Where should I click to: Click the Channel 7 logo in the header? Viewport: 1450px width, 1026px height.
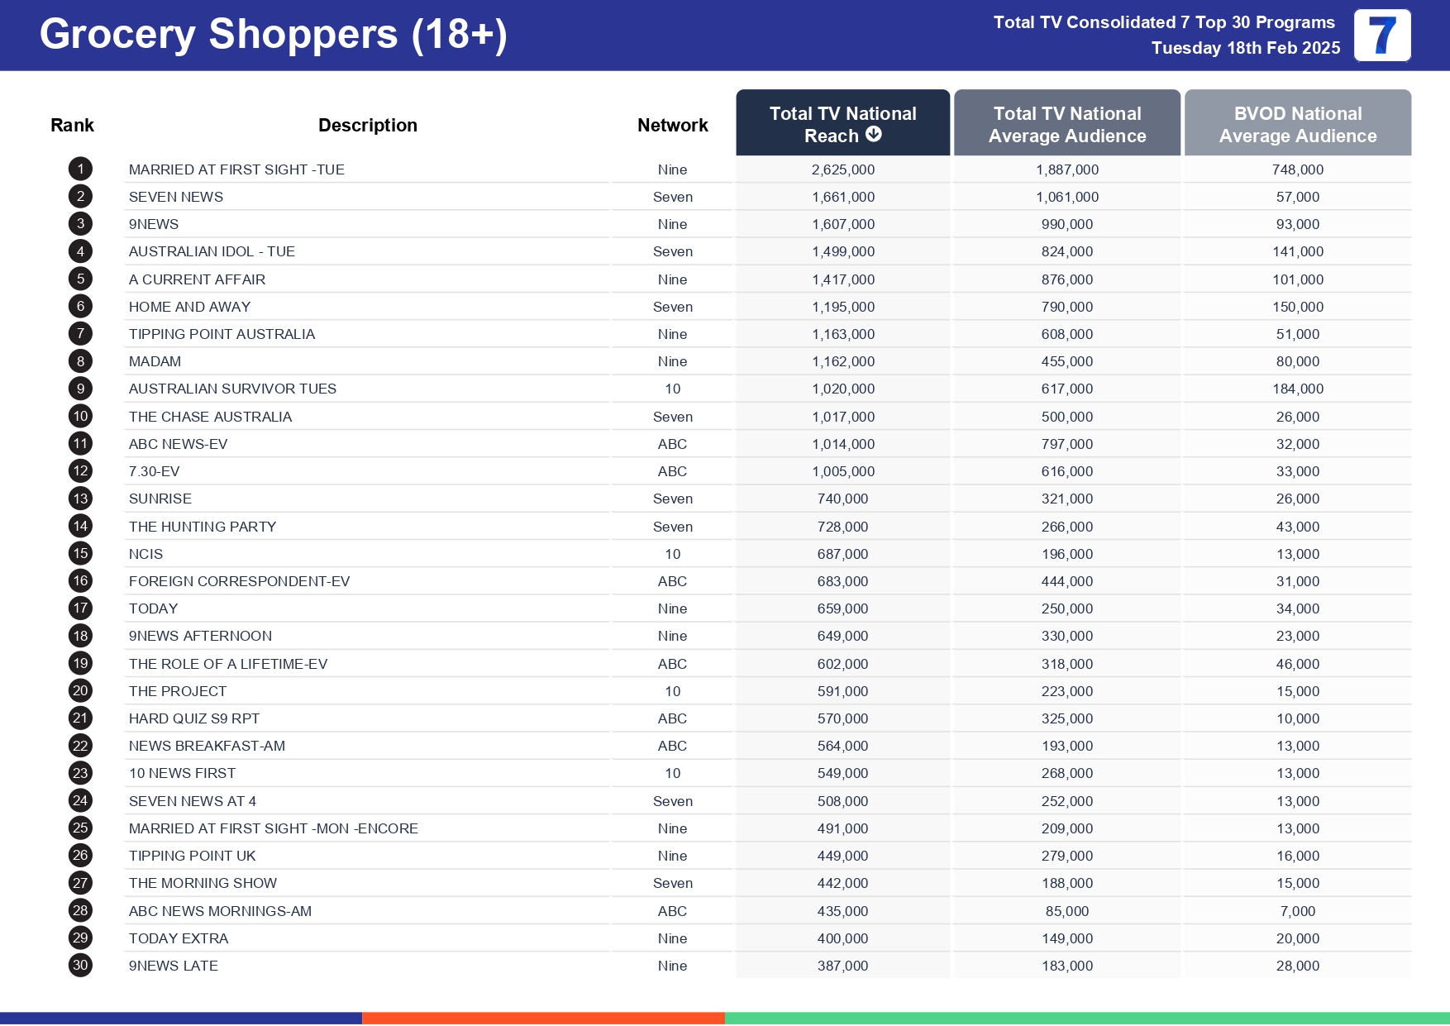click(x=1381, y=36)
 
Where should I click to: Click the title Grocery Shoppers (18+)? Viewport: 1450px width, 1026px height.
click(x=273, y=35)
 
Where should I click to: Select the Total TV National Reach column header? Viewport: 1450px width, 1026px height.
click(x=842, y=123)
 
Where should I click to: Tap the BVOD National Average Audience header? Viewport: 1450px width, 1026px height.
click(x=1297, y=124)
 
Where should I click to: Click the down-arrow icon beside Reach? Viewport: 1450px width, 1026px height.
click(x=874, y=135)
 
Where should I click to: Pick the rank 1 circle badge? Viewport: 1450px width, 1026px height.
click(x=80, y=169)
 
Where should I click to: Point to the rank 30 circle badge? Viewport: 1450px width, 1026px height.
click(x=80, y=966)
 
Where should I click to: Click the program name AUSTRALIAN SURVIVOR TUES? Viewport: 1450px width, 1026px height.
click(x=232, y=389)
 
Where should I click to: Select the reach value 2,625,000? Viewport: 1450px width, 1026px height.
click(x=842, y=169)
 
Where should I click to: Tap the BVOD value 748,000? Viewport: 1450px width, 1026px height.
click(x=1297, y=169)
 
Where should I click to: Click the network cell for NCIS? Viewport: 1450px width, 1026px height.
click(x=672, y=554)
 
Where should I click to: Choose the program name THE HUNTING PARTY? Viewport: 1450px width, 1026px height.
click(x=203, y=527)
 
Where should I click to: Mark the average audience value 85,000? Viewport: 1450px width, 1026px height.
click(x=1066, y=911)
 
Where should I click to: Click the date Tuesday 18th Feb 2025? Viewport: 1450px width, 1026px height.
click(x=1245, y=48)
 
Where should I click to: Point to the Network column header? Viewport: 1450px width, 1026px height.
click(x=672, y=126)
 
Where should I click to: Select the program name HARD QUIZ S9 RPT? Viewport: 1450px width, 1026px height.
click(x=194, y=718)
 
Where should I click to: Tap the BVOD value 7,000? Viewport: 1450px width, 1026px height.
click(x=1297, y=911)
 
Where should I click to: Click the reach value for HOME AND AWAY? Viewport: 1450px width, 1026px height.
click(x=842, y=307)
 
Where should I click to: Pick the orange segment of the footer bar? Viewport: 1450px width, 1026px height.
click(x=543, y=1019)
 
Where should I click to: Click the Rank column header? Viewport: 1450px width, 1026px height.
click(x=72, y=126)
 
